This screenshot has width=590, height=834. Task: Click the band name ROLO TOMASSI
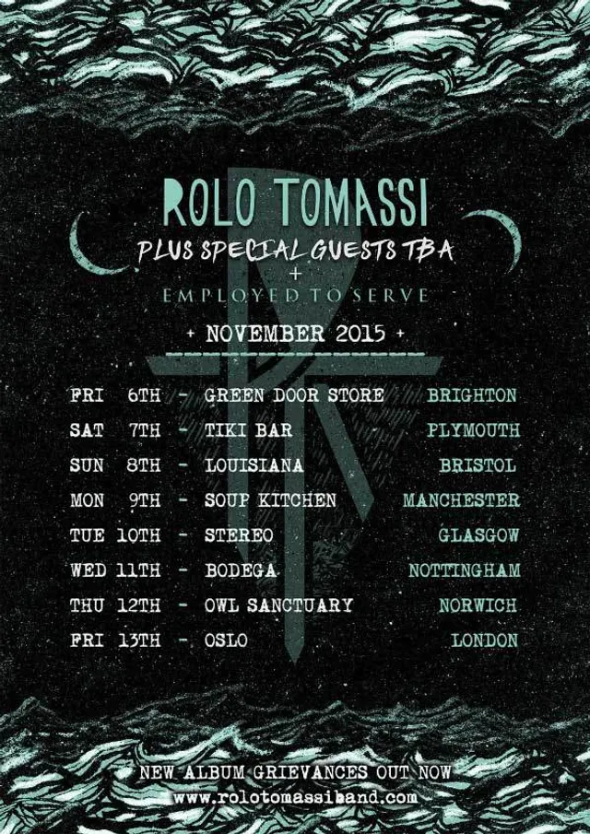pyautogui.click(x=295, y=201)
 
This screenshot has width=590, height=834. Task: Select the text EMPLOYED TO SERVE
pyautogui.click(x=294, y=296)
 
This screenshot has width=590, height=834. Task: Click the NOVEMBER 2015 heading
pyautogui.click(x=294, y=333)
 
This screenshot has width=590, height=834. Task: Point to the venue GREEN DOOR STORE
pyautogui.click(x=294, y=395)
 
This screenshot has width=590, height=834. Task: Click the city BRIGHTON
pyautogui.click(x=472, y=395)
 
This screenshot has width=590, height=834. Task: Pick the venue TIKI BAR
pyautogui.click(x=248, y=430)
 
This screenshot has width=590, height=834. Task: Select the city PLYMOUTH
pyautogui.click(x=473, y=430)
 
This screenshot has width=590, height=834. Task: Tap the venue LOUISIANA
pyautogui.click(x=254, y=465)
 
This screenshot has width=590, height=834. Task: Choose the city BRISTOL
pyautogui.click(x=478, y=465)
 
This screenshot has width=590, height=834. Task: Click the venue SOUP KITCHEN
pyautogui.click(x=270, y=500)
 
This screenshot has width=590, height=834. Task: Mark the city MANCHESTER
pyautogui.click(x=461, y=500)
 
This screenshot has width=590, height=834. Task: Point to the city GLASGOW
pyautogui.click(x=478, y=535)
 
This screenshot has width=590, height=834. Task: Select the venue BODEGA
pyautogui.click(x=241, y=570)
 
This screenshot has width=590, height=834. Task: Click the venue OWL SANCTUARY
pyautogui.click(x=278, y=605)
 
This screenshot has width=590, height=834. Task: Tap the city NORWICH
pyautogui.click(x=478, y=605)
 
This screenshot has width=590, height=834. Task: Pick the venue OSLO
pyautogui.click(x=226, y=640)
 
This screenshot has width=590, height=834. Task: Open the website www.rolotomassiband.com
pyautogui.click(x=295, y=796)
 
